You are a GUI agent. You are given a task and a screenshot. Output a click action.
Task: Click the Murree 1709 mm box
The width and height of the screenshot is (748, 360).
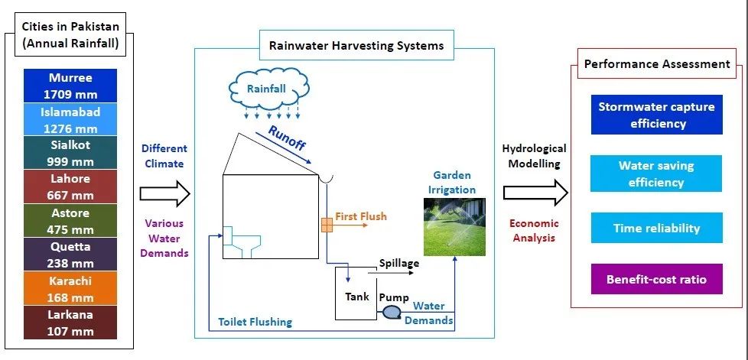click(70, 86)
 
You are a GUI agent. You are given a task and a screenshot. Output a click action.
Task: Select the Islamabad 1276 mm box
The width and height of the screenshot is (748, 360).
click(70, 119)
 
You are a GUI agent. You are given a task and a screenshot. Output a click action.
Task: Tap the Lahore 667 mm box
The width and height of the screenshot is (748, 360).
click(70, 187)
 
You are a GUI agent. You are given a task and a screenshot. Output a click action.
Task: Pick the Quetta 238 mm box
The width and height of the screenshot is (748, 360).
click(70, 255)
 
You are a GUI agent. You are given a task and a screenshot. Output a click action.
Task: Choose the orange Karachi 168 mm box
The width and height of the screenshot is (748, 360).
click(70, 288)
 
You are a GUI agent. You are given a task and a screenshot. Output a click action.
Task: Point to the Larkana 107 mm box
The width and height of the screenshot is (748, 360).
click(70, 322)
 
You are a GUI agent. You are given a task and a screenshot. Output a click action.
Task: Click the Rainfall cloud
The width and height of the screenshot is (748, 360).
click(266, 90)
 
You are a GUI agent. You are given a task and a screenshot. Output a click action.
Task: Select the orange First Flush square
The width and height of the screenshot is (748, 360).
click(327, 225)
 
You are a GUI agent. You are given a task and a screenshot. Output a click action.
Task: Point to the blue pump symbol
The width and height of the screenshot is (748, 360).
click(392, 312)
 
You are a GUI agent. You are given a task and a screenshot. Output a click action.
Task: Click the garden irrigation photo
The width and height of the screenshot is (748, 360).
click(455, 225)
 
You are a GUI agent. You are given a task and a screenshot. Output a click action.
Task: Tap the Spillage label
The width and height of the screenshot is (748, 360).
click(399, 263)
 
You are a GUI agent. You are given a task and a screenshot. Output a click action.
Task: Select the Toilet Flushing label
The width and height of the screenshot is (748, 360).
click(255, 322)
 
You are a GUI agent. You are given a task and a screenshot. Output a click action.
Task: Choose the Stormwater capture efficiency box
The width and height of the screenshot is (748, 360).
click(656, 115)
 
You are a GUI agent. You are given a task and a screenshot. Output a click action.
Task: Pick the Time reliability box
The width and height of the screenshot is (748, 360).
click(656, 228)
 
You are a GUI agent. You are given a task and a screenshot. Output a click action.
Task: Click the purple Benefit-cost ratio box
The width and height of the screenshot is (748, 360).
click(656, 279)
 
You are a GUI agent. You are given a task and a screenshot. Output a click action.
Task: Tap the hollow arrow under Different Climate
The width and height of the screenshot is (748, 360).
click(164, 193)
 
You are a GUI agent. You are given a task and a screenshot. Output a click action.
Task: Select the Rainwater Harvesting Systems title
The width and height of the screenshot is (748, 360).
click(356, 46)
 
